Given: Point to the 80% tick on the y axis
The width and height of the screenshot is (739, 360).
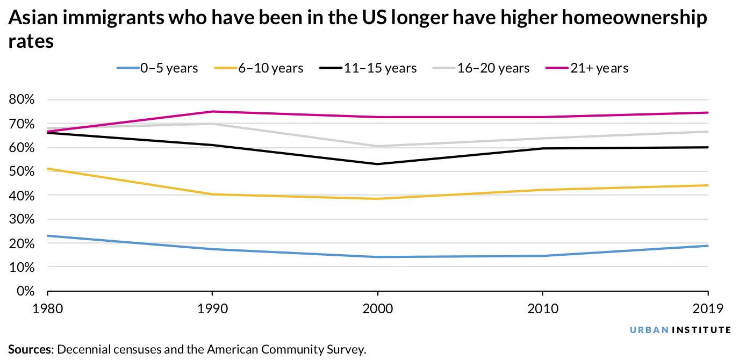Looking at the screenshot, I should point(22,99).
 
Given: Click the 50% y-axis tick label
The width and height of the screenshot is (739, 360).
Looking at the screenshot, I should point(22,171).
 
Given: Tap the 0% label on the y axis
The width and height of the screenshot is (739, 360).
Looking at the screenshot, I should point(25,291).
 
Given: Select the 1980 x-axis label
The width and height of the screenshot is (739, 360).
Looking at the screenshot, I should point(48,309).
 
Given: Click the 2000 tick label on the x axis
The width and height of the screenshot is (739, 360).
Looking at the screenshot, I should point(378,309).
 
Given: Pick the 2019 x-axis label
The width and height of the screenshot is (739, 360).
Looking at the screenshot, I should point(707,309).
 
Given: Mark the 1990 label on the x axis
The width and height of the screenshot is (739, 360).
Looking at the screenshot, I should point(213,309).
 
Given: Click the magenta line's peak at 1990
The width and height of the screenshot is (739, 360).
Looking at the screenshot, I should point(213,111).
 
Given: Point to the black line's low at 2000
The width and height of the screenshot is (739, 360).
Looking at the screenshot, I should point(378,164).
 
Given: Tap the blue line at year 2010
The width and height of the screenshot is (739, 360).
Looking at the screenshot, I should point(543,256).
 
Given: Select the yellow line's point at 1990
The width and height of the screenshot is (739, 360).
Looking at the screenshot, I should point(213,194).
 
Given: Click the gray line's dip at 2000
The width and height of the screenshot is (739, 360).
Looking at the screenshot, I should point(378,146).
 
